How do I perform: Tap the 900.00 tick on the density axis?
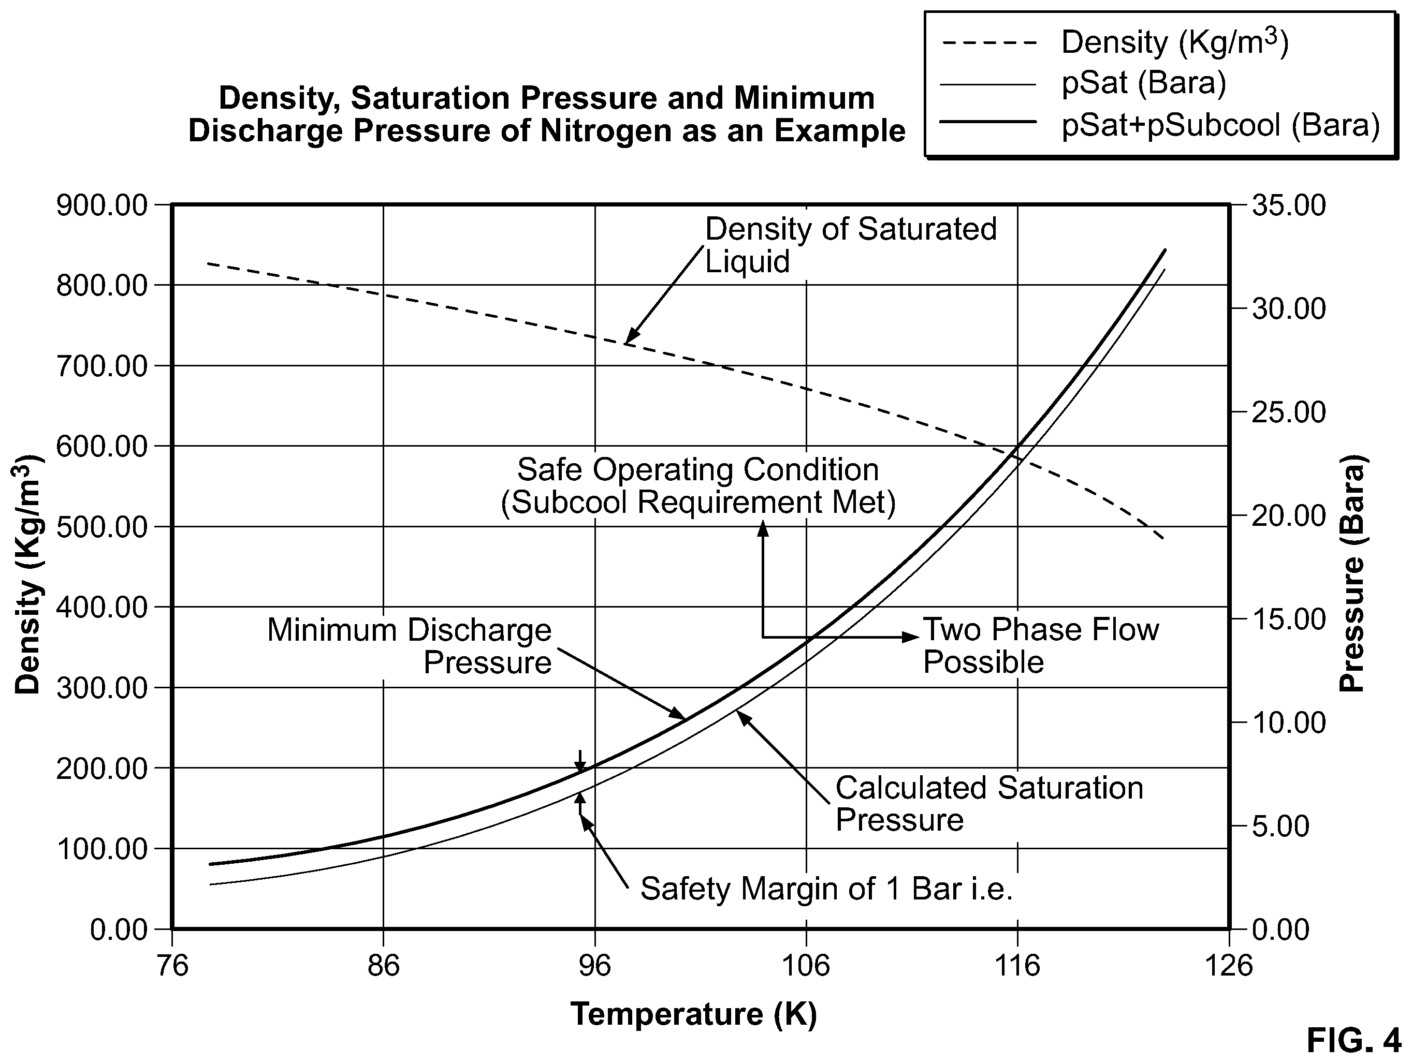click(x=101, y=206)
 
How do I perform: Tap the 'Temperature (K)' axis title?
click(x=694, y=1014)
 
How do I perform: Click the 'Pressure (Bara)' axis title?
click(x=1352, y=573)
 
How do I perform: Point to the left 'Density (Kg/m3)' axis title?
click(x=27, y=574)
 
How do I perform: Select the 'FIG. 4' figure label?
click(x=1353, y=1041)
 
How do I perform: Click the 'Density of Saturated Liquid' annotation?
click(x=851, y=245)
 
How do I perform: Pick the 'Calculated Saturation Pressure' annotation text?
click(x=989, y=804)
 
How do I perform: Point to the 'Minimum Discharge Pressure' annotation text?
click(x=409, y=646)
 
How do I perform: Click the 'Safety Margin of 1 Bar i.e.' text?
click(x=827, y=888)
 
